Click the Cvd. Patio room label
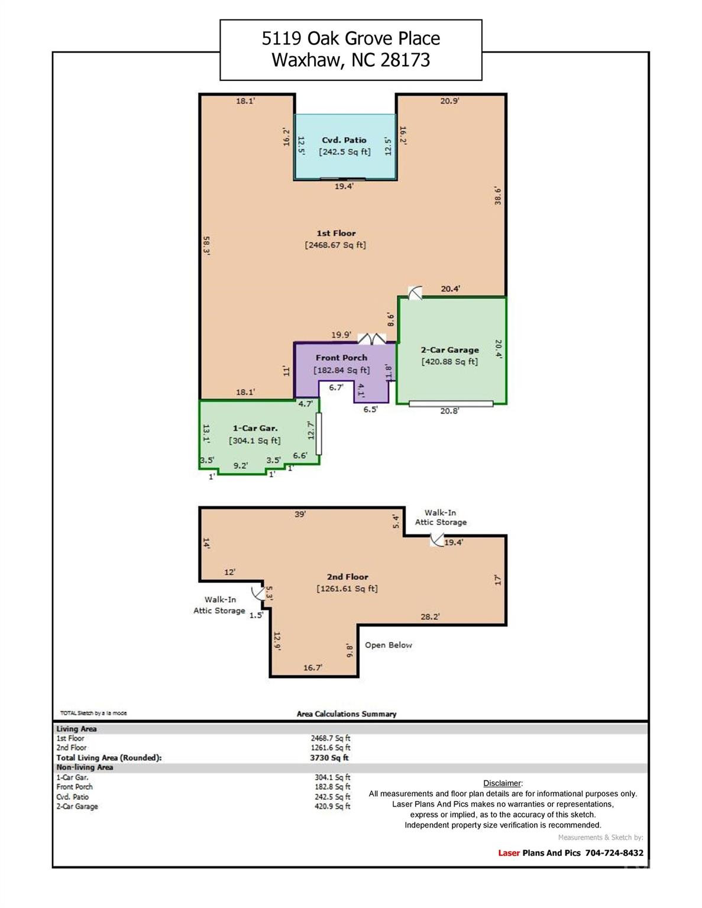344,140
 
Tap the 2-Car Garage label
449,350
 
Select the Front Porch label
341,358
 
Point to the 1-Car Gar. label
254,429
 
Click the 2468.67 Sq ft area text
335,245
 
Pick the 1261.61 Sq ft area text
347,588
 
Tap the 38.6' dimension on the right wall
498,196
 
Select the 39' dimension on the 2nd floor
300,514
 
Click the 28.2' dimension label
430,617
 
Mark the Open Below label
388,645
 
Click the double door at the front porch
372,338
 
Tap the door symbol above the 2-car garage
415,292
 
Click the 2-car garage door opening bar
451,404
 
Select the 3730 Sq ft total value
330,757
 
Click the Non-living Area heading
85,767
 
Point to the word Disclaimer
502,783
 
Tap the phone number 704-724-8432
614,853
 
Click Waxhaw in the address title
306,60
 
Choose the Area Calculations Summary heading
347,714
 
